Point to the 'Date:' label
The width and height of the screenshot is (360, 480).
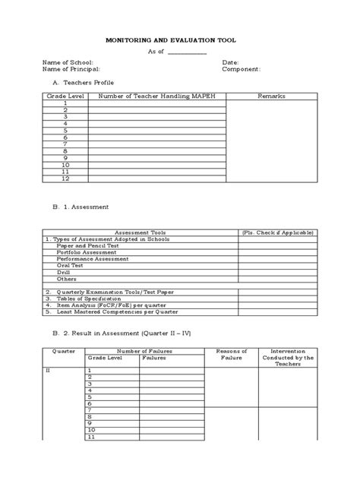[231, 62]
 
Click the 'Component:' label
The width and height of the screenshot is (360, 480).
[242, 68]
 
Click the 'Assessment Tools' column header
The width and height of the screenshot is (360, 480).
[140, 232]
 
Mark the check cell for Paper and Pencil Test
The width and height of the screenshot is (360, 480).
[276, 246]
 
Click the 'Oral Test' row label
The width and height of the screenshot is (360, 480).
[71, 266]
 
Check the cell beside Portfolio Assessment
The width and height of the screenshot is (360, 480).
[276, 253]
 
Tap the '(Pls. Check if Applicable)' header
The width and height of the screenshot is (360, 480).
[276, 232]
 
